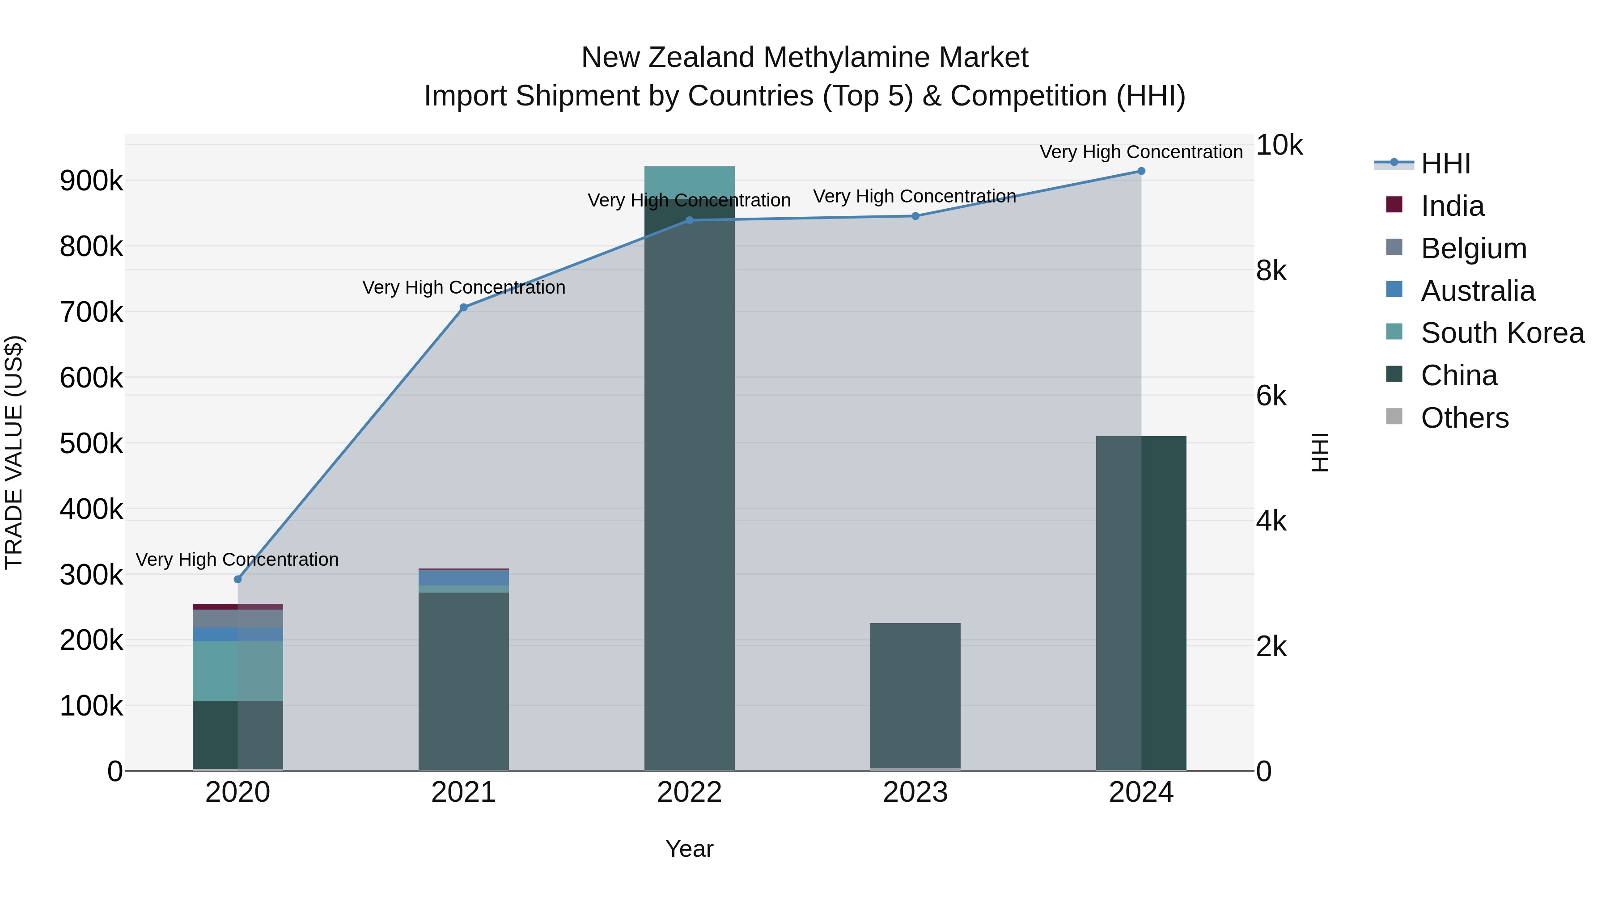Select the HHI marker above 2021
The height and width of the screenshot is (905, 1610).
pyautogui.click(x=463, y=307)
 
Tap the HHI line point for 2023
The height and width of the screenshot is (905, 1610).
pyautogui.click(x=915, y=216)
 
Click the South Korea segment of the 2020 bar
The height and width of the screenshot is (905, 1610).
pyautogui.click(x=237, y=671)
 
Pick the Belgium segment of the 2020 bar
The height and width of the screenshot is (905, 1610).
pyautogui.click(x=237, y=619)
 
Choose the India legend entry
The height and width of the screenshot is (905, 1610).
pyautogui.click(x=1452, y=206)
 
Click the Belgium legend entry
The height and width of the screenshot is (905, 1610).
pyautogui.click(x=1473, y=248)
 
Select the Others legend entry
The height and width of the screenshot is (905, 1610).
pyautogui.click(x=1464, y=418)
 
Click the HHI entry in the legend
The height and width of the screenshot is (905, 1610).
pyautogui.click(x=1445, y=164)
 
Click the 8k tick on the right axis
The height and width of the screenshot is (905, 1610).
pyautogui.click(x=1271, y=271)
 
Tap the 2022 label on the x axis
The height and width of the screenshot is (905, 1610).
pyautogui.click(x=689, y=792)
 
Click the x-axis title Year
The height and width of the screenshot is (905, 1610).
pyautogui.click(x=689, y=849)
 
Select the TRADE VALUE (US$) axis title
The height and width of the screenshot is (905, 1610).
pyautogui.click(x=14, y=452)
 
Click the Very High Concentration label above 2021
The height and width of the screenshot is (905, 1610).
pyautogui.click(x=463, y=287)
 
